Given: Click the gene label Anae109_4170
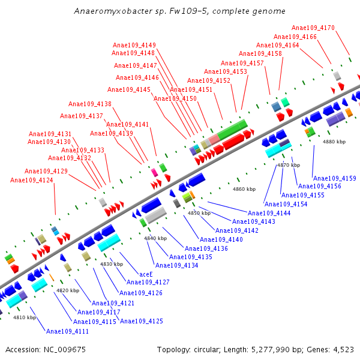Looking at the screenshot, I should (x=313, y=28).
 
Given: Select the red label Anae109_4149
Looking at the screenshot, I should (x=134, y=45).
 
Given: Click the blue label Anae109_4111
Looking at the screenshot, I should (x=67, y=331).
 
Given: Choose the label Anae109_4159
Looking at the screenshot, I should (x=335, y=178).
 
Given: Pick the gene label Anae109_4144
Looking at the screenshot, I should (x=269, y=213).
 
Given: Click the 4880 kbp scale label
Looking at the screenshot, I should (x=334, y=142).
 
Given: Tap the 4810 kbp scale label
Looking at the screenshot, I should (x=25, y=317).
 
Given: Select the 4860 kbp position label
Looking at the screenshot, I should (x=244, y=189).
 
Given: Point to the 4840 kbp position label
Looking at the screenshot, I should (x=155, y=238).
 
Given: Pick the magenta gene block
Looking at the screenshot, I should (x=154, y=172).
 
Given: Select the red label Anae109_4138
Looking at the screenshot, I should (x=90, y=104).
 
